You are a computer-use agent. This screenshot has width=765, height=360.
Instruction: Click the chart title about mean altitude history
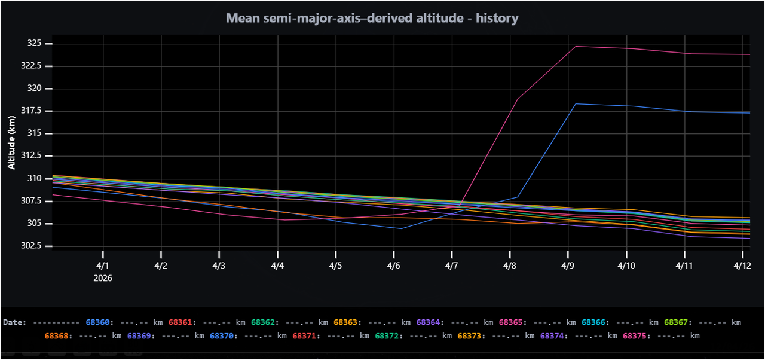tap(372, 18)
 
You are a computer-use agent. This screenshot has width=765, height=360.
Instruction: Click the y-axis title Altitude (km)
tap(11, 142)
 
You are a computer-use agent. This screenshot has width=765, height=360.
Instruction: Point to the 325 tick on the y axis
tap(34, 44)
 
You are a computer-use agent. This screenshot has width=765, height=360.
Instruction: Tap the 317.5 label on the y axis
tap(31, 111)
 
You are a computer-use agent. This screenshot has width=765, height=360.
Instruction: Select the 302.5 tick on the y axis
tap(31, 246)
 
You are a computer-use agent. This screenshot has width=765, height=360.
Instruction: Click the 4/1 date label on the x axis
tap(103, 264)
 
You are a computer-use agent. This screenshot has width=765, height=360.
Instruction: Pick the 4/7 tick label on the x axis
tap(452, 264)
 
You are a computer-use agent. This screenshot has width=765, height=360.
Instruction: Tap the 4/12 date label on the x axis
tap(742, 264)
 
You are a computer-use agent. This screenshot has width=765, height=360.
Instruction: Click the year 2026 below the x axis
tap(103, 278)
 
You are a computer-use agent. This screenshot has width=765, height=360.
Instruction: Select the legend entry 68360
tap(98, 322)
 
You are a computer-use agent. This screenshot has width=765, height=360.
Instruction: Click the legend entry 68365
tap(511, 322)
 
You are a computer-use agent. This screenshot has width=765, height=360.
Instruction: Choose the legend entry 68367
tap(676, 322)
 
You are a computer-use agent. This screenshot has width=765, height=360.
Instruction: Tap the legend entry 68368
tap(57, 335)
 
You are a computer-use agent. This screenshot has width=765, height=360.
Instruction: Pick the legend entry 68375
tap(635, 335)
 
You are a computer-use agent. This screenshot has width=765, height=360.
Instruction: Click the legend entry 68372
tap(387, 335)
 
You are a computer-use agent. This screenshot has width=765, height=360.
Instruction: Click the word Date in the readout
tap(14, 322)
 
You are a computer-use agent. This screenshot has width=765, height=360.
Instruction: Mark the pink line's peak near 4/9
tap(575, 46)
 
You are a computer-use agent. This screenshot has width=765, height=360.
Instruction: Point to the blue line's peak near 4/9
tap(575, 104)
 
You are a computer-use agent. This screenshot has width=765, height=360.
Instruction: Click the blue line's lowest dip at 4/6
tap(400, 228)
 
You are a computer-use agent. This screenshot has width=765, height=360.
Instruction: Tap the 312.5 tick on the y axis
tap(31, 155)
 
